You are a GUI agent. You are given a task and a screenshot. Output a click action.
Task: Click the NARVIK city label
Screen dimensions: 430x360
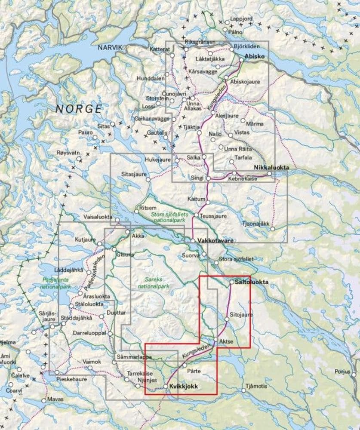tap(110, 48)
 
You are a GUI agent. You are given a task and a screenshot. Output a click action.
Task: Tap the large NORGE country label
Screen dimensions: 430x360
tap(79, 109)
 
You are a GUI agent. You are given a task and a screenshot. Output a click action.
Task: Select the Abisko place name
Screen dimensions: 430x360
tap(254, 56)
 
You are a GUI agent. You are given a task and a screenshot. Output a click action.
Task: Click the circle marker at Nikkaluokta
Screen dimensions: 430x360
tap(269, 174)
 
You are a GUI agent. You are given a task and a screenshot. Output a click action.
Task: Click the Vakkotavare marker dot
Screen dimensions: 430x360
tap(193, 241)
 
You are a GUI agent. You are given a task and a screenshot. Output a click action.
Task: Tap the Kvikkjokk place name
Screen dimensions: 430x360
tap(184, 387)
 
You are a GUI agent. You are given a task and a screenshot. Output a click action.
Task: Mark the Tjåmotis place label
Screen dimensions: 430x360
tap(257, 386)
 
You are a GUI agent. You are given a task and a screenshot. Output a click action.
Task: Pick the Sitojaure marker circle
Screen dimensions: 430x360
tap(227, 319)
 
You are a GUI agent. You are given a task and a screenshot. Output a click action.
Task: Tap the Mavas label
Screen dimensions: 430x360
tap(55, 399)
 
